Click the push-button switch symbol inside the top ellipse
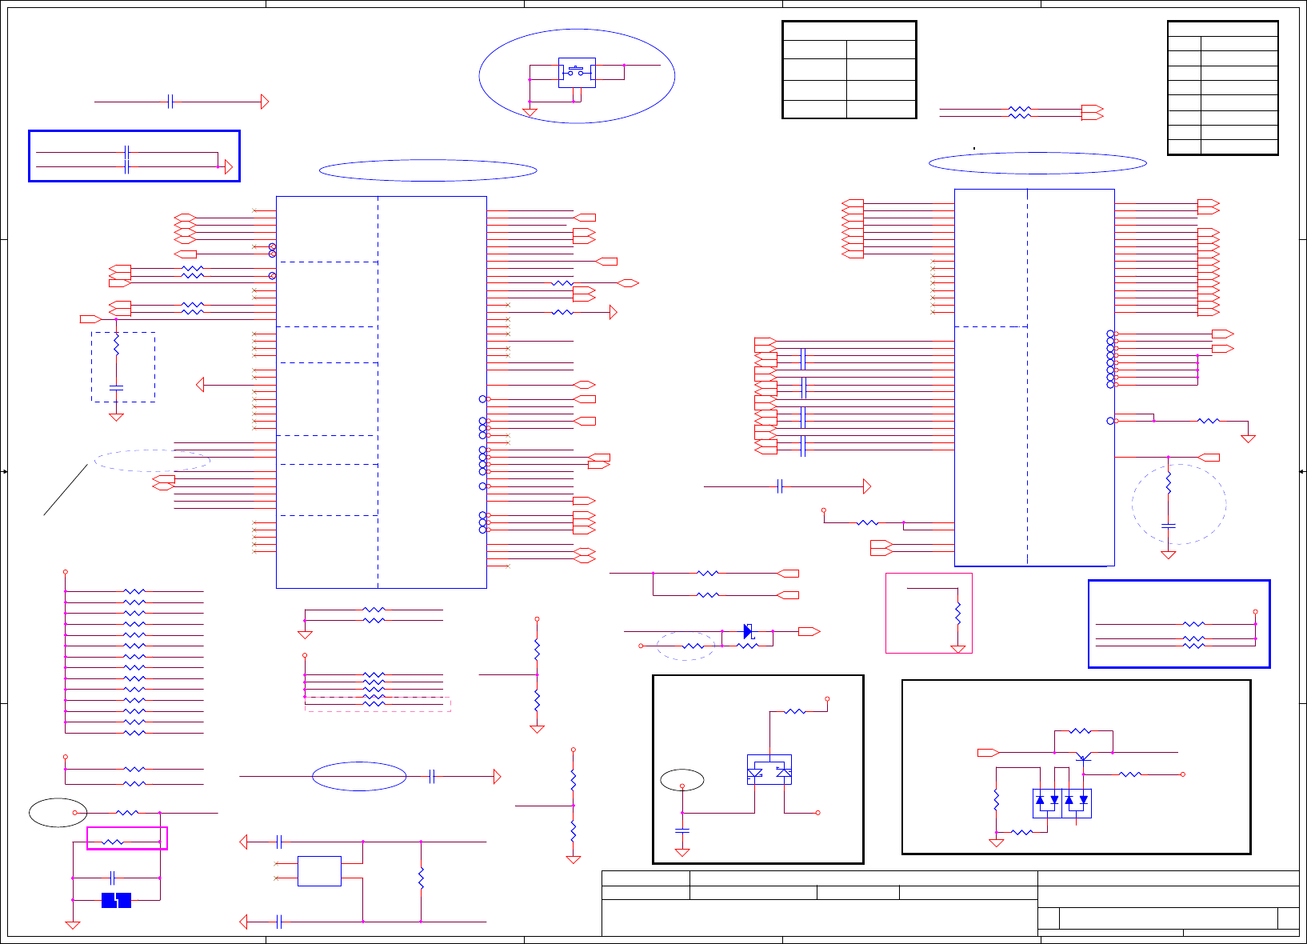(576, 72)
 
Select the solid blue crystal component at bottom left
(116, 900)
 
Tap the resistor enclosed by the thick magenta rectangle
(113, 842)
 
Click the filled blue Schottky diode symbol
(748, 631)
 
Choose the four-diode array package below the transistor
(1061, 802)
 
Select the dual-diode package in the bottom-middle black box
(769, 770)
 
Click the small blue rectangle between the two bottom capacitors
(319, 871)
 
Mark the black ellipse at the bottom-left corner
(58, 812)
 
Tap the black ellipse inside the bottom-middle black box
(682, 779)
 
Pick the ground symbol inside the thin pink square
(957, 649)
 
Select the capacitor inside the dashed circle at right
(1168, 526)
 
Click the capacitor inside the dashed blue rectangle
(116, 387)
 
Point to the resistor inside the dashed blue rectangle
(116, 346)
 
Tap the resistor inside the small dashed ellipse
(693, 646)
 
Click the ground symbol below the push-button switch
(530, 112)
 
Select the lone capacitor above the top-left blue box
(170, 102)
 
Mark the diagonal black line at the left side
(66, 489)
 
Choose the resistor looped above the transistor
(1080, 730)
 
